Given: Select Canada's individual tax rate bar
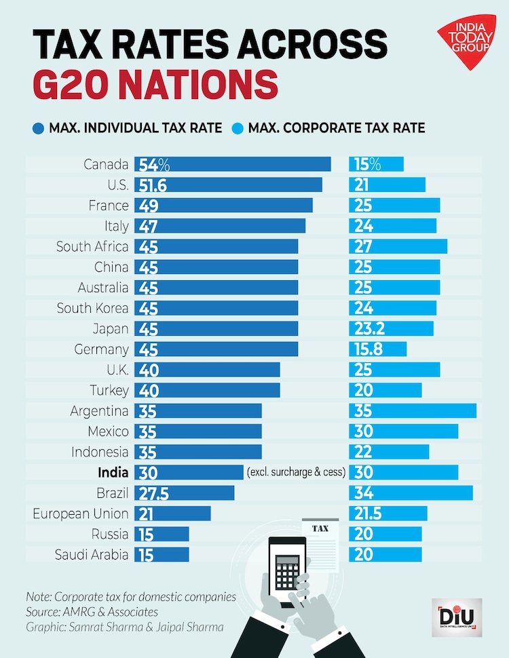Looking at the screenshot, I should coord(233,164).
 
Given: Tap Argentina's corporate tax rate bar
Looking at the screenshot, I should coord(413,410).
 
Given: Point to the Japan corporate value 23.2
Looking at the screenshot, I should coord(370,328).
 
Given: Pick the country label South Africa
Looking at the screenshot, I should coord(92,246).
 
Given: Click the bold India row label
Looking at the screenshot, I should coord(113,472).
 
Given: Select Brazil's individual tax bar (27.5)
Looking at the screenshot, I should coord(185,492).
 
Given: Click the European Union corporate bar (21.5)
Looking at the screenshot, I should coord(388,514).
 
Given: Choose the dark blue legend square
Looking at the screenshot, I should coord(37,128).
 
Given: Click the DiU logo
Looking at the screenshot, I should coord(453,618).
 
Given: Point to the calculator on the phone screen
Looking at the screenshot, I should coord(286,568).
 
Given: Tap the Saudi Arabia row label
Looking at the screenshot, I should coord(92,554).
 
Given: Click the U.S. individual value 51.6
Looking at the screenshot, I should coord(153,185).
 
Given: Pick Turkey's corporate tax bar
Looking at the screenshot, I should coord(385,390).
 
